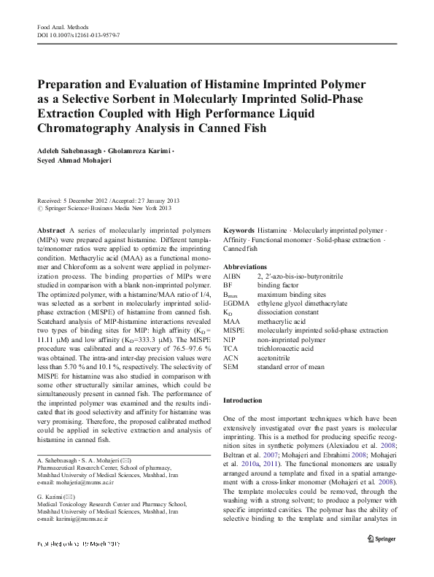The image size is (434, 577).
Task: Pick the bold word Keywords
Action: coord(239,229)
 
